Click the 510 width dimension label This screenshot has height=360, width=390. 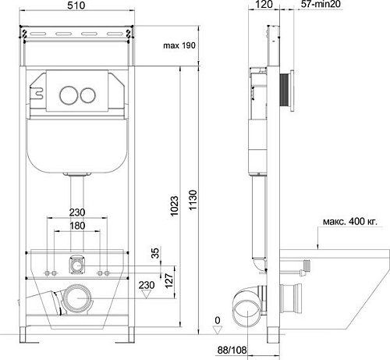[x=76, y=5]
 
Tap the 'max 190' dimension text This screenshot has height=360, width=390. [x=179, y=45]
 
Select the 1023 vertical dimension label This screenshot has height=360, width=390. [x=174, y=206]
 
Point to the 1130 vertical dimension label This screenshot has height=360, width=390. [x=193, y=200]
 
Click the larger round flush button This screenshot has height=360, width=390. [x=68, y=95]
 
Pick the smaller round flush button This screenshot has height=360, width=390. [x=88, y=95]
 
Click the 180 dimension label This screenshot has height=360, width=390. [x=77, y=226]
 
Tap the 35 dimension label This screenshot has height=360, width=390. [x=154, y=253]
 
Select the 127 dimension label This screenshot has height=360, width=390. [x=169, y=280]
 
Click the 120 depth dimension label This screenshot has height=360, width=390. [x=264, y=5]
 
